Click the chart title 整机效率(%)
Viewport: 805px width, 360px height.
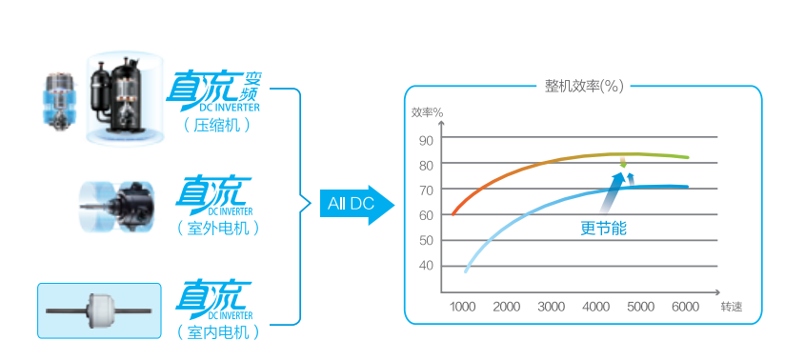click(x=584, y=87)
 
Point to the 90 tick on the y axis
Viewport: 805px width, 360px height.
click(x=425, y=141)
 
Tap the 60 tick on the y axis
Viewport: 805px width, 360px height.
click(x=425, y=215)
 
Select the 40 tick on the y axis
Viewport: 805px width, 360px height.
click(x=425, y=266)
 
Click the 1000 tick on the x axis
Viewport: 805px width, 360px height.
click(x=462, y=307)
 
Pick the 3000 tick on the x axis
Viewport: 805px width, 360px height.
click(x=552, y=307)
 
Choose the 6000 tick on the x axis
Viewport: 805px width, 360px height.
click(x=685, y=307)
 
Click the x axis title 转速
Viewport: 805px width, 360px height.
click(x=731, y=307)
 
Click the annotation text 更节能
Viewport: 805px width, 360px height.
click(x=604, y=230)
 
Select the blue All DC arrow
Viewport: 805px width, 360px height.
click(x=355, y=204)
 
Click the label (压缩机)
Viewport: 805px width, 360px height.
click(x=216, y=125)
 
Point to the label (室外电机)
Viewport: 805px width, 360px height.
click(x=217, y=229)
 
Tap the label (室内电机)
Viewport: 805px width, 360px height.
click(x=217, y=332)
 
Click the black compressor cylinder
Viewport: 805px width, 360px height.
click(x=120, y=91)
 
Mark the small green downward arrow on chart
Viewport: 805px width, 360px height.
click(x=623, y=164)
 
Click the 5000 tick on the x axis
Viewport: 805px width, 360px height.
click(x=640, y=307)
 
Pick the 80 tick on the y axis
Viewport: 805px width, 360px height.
click(x=425, y=165)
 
